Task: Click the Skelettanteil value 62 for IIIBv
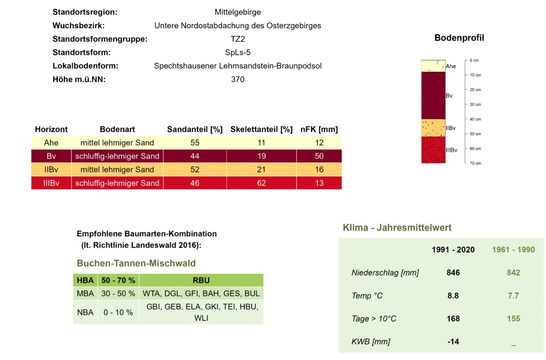[261, 183]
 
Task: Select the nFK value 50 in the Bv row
[319, 156]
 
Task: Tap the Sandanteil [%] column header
[194, 129]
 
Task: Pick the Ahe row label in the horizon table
[51, 143]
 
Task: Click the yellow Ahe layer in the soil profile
[433, 66]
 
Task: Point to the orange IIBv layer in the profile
[433, 128]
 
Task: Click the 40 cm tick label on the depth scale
[475, 119]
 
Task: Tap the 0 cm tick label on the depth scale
[474, 60]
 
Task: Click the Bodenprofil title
[459, 38]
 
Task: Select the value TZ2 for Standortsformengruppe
[237, 39]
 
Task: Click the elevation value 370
[237, 79]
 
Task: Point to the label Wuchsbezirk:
[78, 26]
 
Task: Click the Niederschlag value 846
[453, 273]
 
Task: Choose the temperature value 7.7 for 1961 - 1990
[513, 296]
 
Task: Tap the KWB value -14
[453, 342]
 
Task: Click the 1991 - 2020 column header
[453, 250]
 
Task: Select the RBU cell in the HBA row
[201, 280]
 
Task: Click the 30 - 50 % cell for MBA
[118, 294]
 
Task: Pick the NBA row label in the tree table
[85, 312]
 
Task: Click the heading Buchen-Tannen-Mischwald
[136, 263]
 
